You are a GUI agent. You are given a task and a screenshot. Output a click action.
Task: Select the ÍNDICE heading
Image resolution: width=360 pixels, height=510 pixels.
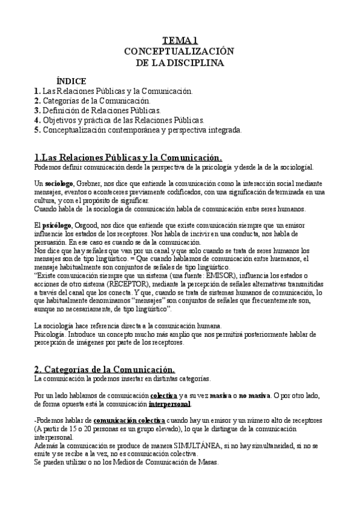(70, 81)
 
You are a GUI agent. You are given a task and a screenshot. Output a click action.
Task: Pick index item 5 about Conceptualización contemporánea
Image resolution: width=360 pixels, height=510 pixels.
(138, 130)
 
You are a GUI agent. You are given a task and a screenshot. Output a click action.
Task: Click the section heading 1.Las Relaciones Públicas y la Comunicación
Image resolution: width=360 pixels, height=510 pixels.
(128, 157)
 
